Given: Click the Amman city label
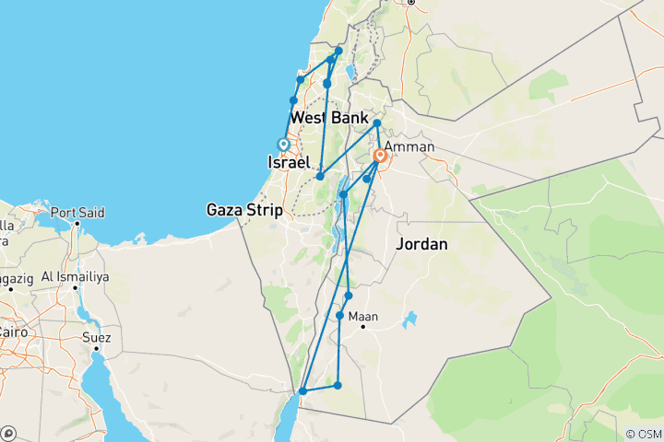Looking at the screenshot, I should pyautogui.click(x=409, y=147).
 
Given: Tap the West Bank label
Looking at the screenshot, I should pyautogui.click(x=327, y=120).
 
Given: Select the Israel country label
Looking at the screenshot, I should pyautogui.click(x=288, y=162).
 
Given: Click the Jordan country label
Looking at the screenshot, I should pyautogui.click(x=421, y=245).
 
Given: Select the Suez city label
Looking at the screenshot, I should pyautogui.click(x=96, y=338).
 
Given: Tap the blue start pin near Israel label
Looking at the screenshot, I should pyautogui.click(x=284, y=144).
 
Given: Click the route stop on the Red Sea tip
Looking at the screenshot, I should pyautogui.click(x=302, y=391).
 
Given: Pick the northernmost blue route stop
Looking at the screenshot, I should pyautogui.click(x=338, y=51).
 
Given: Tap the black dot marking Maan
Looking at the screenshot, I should pyautogui.click(x=364, y=326).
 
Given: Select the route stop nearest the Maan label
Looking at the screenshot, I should pyautogui.click(x=340, y=316).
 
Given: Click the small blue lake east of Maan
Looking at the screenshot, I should pyautogui.click(x=409, y=320).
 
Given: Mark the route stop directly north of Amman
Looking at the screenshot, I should pyautogui.click(x=377, y=122).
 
